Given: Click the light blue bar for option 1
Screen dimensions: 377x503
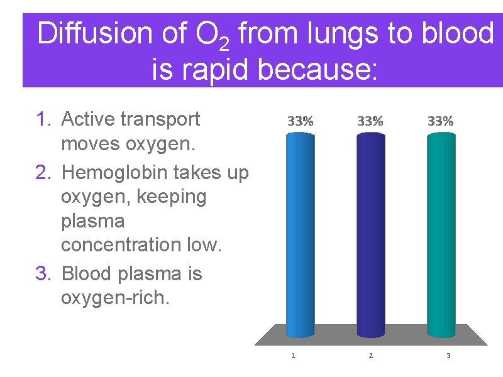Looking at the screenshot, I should click(300, 232).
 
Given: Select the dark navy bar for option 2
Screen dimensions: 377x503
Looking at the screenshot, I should click(370, 232).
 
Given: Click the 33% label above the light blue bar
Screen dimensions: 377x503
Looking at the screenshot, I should click(300, 121).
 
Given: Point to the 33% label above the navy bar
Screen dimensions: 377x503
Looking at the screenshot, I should click(370, 121).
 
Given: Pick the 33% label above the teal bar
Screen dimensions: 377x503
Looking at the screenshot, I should click(440, 121).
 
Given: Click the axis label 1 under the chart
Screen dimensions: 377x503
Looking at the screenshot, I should click(293, 356).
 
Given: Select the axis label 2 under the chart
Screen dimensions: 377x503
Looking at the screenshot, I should click(370, 356).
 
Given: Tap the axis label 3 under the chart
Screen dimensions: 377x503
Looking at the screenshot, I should click(448, 356).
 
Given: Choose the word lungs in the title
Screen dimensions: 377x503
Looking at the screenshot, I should click(326, 34).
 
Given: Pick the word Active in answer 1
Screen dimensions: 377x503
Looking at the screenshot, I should click(86, 119).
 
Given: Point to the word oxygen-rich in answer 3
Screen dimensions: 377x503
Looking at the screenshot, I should click(115, 297).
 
